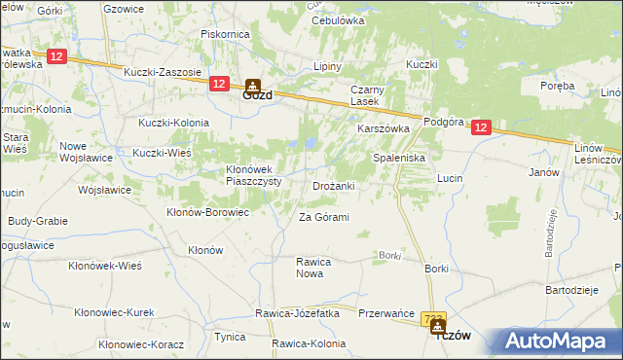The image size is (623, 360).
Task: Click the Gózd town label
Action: pos(257,97)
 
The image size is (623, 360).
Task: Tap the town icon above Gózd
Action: pos(253,85)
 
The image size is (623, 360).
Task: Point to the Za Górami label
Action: pos(323,217)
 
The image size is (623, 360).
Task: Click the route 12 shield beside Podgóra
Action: pos(483,127)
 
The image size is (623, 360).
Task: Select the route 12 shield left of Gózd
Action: pos(218,85)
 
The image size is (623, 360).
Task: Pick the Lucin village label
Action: pos(449,179)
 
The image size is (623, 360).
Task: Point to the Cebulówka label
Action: pos(338,19)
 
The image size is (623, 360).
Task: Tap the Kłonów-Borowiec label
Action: pos(208,211)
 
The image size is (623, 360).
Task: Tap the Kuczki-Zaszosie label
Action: pos(162,72)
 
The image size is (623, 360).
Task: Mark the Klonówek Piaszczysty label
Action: pos(239,174)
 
